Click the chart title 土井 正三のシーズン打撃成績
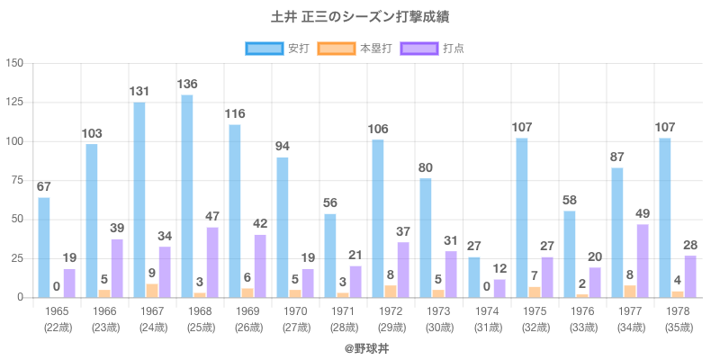click(360, 17)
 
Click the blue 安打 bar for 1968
click(187, 196)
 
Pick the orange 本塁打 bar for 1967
click(152, 291)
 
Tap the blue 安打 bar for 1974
click(474, 277)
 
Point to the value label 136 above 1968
click(187, 84)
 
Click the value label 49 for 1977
click(643, 212)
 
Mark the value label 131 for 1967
click(139, 91)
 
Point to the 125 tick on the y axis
click(16, 103)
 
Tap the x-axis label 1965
click(56, 311)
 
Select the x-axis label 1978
click(677, 311)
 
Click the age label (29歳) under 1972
click(390, 328)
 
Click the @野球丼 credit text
click(360, 346)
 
